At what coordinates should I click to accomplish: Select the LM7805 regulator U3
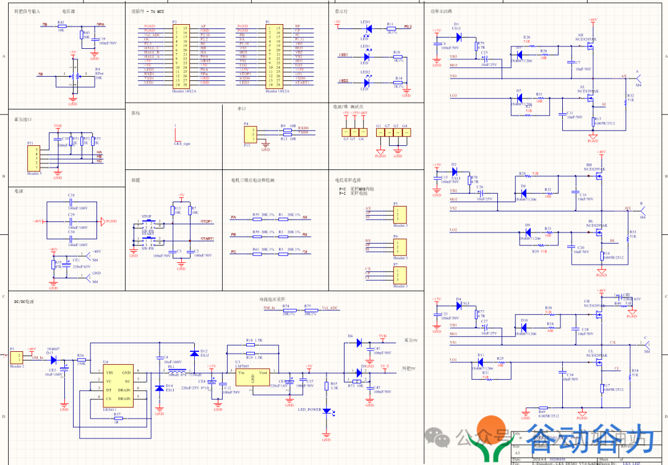(x=254, y=377)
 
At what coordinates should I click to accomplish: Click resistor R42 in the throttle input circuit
(x=61, y=27)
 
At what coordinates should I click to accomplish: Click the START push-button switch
(x=147, y=240)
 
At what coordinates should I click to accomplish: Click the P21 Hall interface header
(x=31, y=158)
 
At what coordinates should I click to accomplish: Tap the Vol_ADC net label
(x=330, y=308)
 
